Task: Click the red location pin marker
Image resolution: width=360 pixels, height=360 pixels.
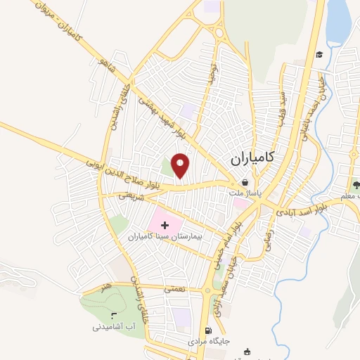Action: pos(181,166)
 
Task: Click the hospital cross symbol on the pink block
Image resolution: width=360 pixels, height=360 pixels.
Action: pos(166,226)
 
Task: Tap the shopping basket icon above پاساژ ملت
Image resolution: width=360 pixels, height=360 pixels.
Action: pos(244,182)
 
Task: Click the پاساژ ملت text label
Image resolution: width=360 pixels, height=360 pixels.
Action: pos(247,191)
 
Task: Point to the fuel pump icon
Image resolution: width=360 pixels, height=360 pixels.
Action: pos(207,330)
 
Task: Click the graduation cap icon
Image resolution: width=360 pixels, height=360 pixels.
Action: pos(319,54)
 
